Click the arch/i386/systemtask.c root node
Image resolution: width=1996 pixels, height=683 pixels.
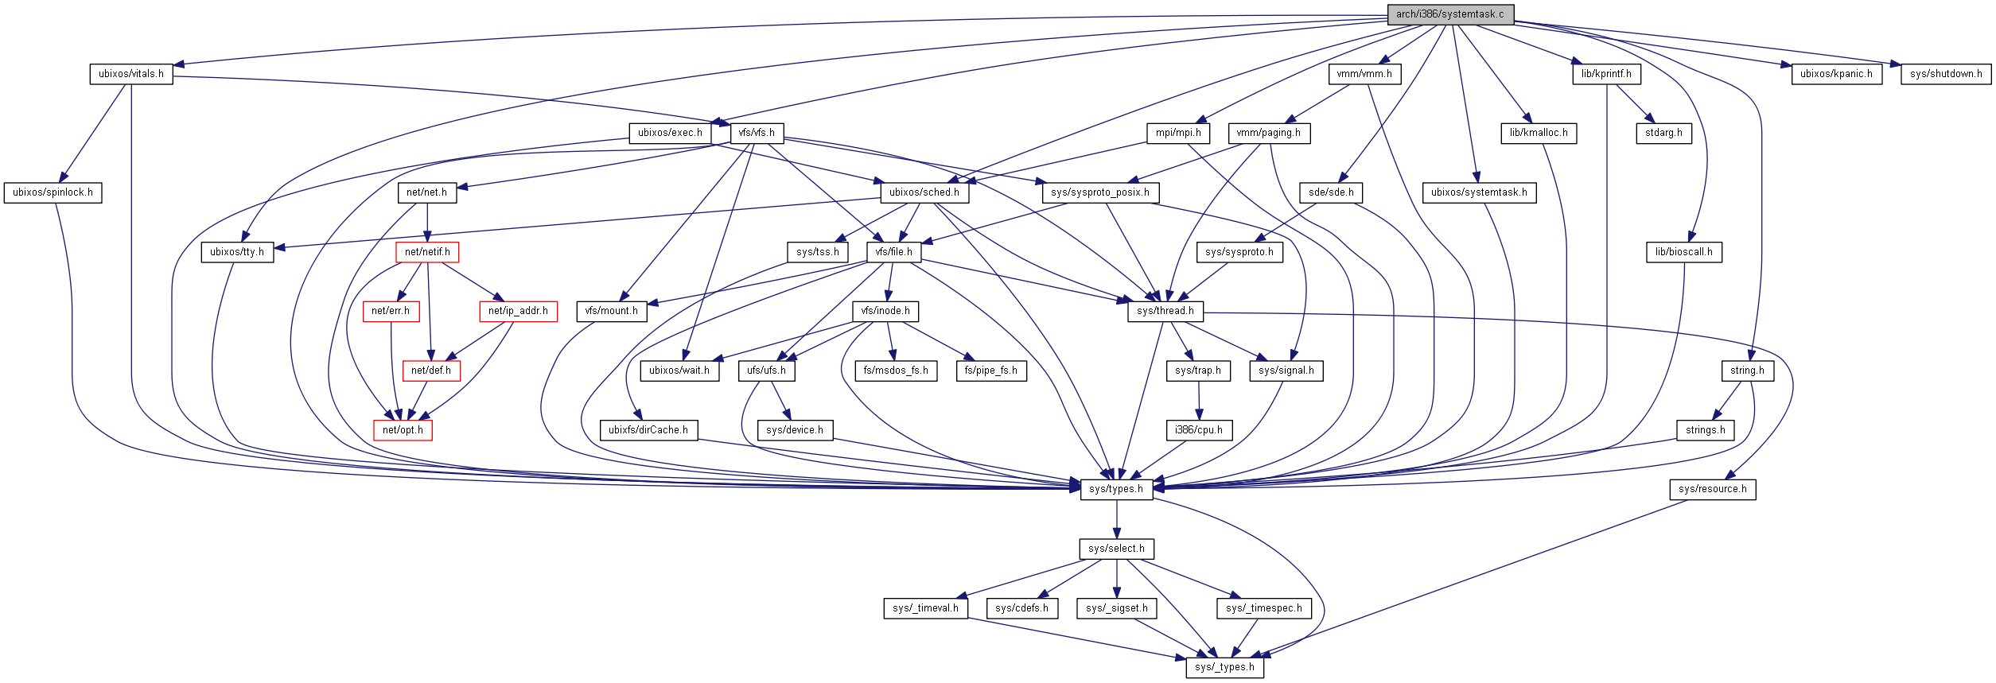click(1449, 14)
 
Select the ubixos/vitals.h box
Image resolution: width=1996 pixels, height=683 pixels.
click(130, 74)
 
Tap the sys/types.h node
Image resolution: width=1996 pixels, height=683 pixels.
click(1116, 489)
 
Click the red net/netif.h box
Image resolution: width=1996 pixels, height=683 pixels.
click(427, 252)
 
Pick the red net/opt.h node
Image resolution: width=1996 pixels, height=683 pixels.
click(403, 430)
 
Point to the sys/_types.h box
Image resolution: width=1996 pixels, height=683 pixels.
click(1224, 667)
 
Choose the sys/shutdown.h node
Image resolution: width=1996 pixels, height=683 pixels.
click(1946, 74)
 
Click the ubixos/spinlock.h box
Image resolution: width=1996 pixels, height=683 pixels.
click(53, 192)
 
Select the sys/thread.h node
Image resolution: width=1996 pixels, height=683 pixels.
click(1165, 311)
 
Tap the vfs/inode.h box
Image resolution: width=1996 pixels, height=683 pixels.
click(885, 311)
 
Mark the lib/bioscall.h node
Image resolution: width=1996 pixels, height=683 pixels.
click(1683, 252)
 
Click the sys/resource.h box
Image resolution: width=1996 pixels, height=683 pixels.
click(1712, 489)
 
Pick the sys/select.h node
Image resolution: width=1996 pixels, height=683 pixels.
click(1116, 549)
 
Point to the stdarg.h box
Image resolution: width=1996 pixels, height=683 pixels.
click(1663, 133)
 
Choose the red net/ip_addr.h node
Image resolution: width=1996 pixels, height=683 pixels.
click(518, 311)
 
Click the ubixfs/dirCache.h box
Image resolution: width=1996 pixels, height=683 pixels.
click(648, 430)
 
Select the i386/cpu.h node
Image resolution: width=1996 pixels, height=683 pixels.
click(1199, 430)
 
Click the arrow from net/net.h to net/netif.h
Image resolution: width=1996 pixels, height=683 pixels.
click(427, 223)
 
